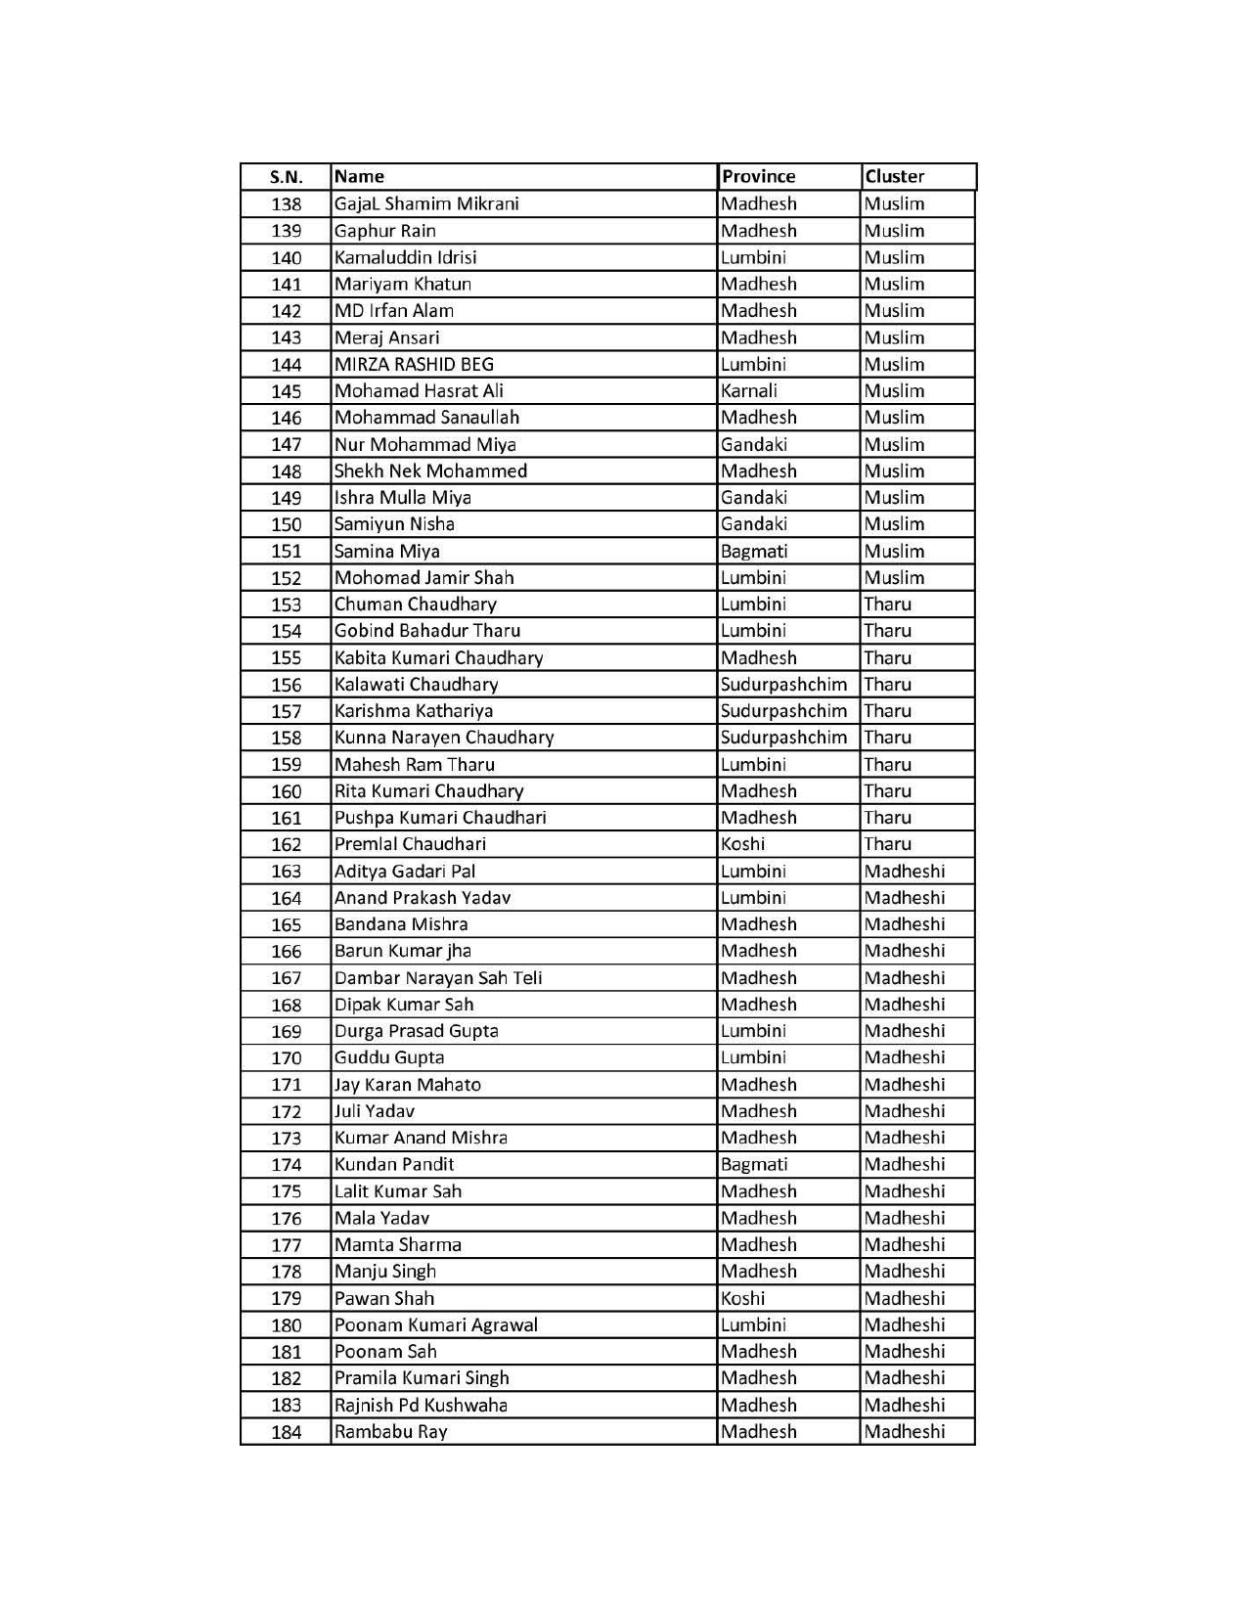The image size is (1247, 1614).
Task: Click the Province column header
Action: click(x=758, y=177)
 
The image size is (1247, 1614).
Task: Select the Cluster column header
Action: click(x=894, y=177)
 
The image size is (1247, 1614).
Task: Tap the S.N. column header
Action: click(x=286, y=177)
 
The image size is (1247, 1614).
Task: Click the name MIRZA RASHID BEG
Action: click(x=414, y=364)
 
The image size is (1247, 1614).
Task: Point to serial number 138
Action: click(x=286, y=204)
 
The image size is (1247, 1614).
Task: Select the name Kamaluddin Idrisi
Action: click(x=405, y=257)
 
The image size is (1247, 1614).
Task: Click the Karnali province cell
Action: click(x=749, y=390)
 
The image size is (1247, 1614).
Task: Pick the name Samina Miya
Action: click(x=386, y=551)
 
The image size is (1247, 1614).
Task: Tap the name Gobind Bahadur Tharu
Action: click(x=426, y=631)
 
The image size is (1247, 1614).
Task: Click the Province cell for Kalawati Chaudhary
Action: click(x=783, y=684)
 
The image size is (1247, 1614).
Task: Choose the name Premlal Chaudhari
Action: click(x=410, y=844)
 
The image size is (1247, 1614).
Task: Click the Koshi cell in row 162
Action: click(x=742, y=844)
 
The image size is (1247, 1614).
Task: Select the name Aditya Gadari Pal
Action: click(x=405, y=871)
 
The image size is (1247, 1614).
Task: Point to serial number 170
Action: click(x=286, y=1058)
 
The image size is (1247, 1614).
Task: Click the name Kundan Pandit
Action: click(x=393, y=1164)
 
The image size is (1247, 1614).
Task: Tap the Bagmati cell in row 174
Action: click(x=753, y=1164)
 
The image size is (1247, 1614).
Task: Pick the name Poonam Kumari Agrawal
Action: click(x=435, y=1324)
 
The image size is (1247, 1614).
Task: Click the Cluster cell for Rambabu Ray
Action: click(x=905, y=1431)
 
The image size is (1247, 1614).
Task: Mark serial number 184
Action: click(x=286, y=1432)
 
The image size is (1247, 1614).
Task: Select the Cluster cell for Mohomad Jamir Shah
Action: click(x=894, y=577)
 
